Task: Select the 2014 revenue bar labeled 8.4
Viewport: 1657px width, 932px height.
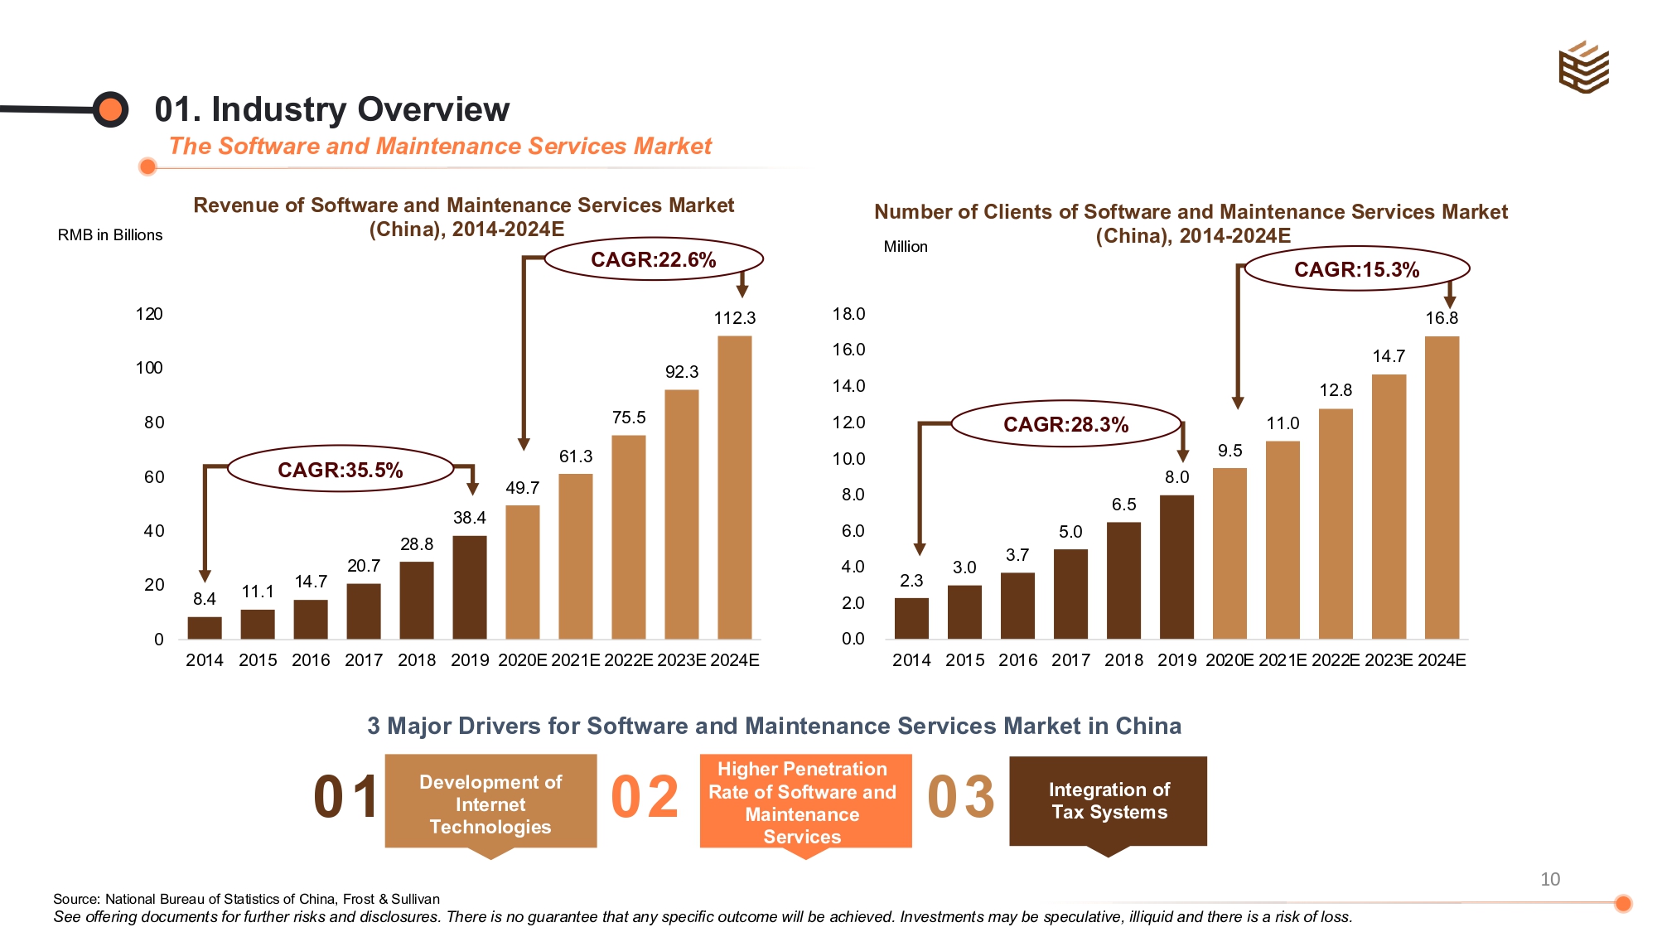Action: (205, 627)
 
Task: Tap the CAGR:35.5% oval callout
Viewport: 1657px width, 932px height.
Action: (340, 470)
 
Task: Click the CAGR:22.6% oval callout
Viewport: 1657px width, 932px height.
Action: (653, 259)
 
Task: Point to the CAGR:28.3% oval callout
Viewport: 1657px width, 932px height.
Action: (1065, 424)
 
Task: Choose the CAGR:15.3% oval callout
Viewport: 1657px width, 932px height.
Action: (1356, 269)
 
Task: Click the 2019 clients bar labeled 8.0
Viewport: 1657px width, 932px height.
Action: (1176, 567)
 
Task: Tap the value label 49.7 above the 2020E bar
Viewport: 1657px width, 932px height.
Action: (522, 488)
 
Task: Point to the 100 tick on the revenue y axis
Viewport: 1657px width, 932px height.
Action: (149, 368)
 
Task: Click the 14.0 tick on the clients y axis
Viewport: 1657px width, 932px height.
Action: (848, 386)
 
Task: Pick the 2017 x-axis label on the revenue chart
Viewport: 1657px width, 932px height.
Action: (364, 660)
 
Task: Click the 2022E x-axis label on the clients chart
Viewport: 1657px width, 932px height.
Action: (1336, 660)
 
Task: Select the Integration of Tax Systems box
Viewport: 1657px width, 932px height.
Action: (1109, 801)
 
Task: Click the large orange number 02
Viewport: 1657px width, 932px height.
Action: (645, 797)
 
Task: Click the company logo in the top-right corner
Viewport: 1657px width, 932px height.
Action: (1583, 67)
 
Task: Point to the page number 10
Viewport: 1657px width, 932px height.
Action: (1549, 879)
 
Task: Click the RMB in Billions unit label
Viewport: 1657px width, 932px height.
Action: (110, 235)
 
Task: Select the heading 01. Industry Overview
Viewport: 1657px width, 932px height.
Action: (331, 109)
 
